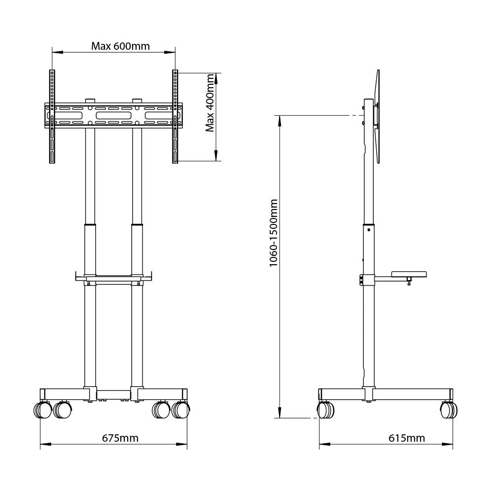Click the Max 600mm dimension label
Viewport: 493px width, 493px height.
(x=120, y=46)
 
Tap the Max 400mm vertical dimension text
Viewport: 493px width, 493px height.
(x=210, y=103)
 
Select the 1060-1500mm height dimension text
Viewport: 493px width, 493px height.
(x=274, y=233)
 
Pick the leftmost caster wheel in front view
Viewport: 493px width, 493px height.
(x=42, y=409)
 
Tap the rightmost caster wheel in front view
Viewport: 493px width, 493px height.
(x=181, y=409)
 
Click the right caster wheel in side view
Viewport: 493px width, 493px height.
(x=448, y=410)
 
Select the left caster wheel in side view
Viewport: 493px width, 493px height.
(x=325, y=410)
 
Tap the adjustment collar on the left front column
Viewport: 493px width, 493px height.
(x=90, y=226)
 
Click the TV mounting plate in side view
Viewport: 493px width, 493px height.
(x=377, y=116)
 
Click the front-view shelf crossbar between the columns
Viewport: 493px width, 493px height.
(x=113, y=282)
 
